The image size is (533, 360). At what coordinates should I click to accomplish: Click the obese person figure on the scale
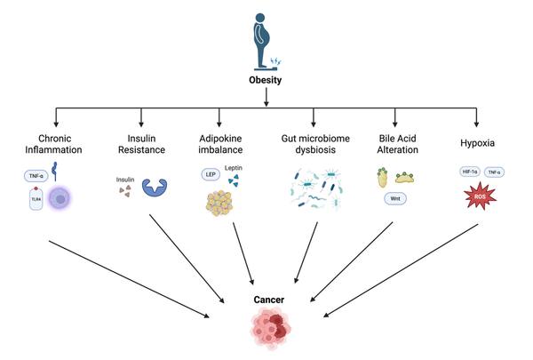(x=265, y=40)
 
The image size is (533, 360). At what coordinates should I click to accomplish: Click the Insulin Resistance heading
(x=140, y=146)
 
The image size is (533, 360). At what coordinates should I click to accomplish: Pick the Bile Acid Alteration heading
(x=397, y=146)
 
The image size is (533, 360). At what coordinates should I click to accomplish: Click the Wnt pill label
(x=397, y=198)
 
